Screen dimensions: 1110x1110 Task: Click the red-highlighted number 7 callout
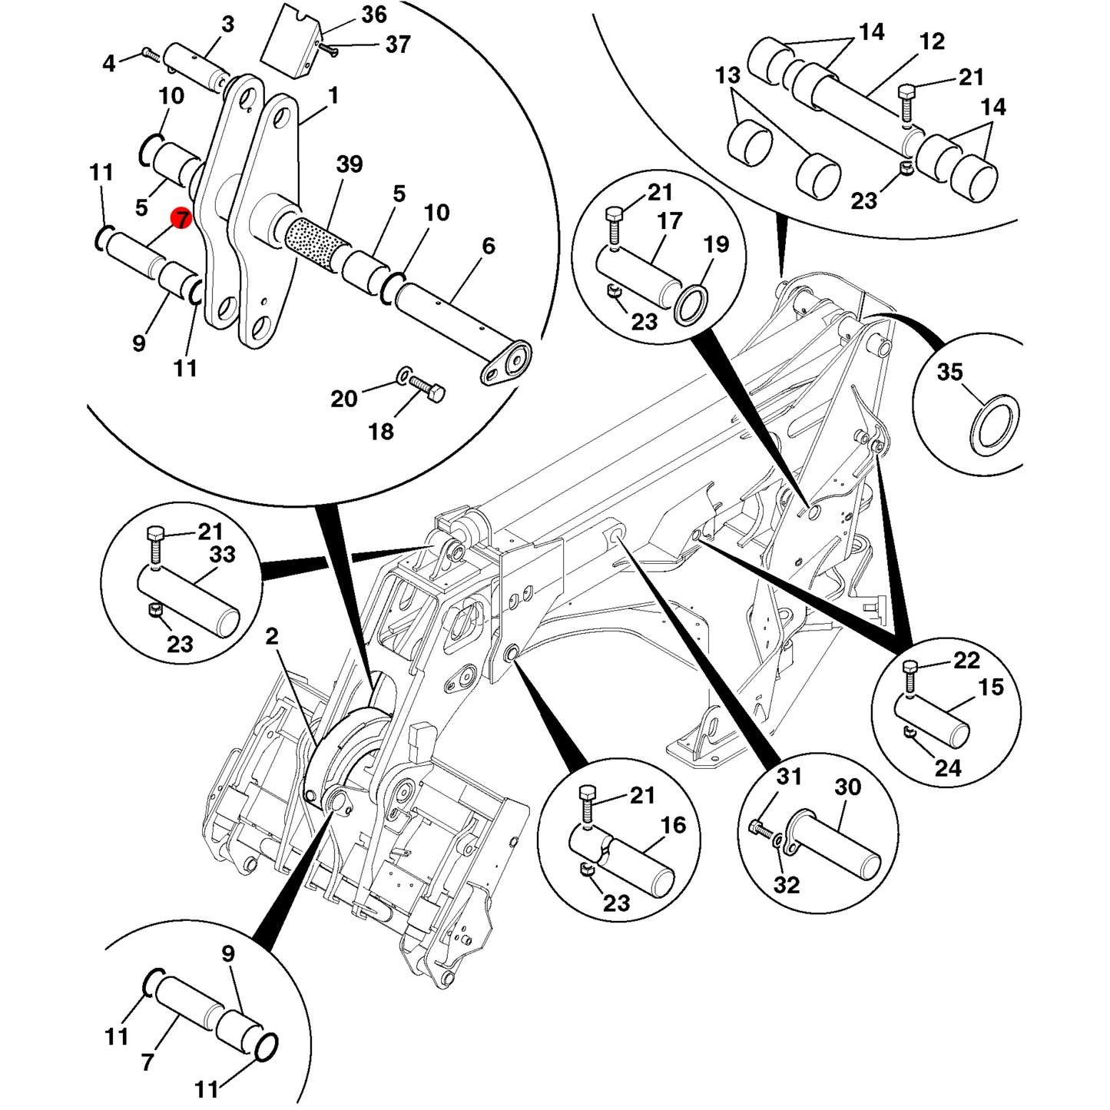click(x=182, y=218)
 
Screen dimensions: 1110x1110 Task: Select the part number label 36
click(x=374, y=15)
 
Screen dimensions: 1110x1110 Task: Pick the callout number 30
click(x=847, y=787)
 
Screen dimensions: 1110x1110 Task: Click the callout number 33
click(x=222, y=554)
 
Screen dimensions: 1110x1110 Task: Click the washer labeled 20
click(x=402, y=378)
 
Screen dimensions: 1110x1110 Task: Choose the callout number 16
click(x=674, y=826)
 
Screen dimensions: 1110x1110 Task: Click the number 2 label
click(x=272, y=636)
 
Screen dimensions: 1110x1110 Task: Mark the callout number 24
click(x=948, y=768)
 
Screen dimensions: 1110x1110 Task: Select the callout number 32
click(x=787, y=884)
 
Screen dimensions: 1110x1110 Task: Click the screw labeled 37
click(x=328, y=51)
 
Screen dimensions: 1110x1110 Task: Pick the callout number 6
click(x=488, y=245)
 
